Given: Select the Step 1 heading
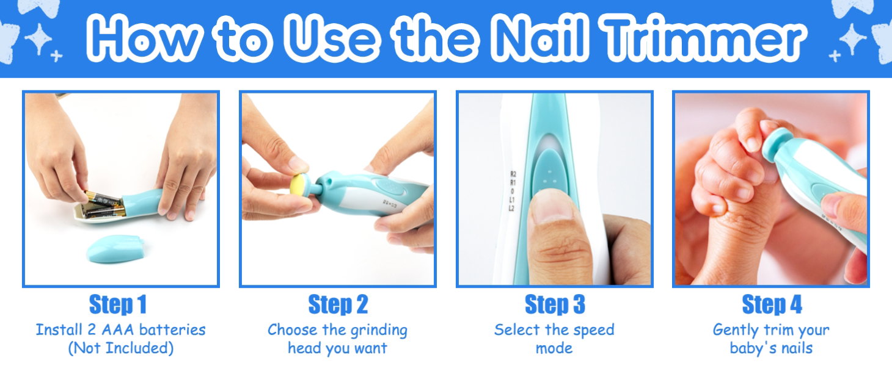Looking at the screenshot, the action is click(118, 305).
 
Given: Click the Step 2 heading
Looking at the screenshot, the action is click(338, 305).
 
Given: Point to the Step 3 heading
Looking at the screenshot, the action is click(555, 305).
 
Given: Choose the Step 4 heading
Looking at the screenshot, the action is click(772, 305).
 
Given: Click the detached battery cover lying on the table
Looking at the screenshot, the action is click(115, 249).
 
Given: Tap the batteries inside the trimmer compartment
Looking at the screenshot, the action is click(103, 204).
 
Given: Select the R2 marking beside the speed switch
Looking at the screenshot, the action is click(513, 174).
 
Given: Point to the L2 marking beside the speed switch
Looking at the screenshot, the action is click(512, 208).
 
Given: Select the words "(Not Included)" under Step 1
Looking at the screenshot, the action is click(120, 348).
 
